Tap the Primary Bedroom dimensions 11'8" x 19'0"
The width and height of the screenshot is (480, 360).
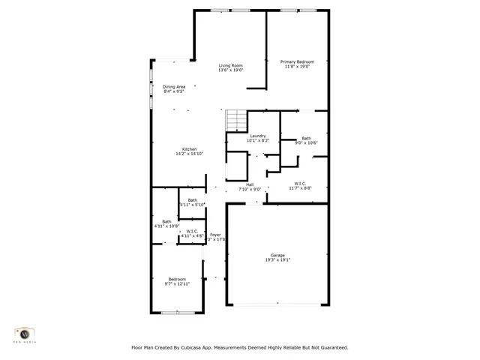pyautogui.click(x=297, y=67)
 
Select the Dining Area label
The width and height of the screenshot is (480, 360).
pyautogui.click(x=174, y=87)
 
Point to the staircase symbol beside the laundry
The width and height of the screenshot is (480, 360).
pyautogui.click(x=236, y=120)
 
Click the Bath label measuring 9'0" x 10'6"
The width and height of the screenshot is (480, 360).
pyautogui.click(x=306, y=138)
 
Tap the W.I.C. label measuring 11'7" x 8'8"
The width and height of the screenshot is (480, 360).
pyautogui.click(x=300, y=184)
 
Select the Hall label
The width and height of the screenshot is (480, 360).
pyautogui.click(x=249, y=184)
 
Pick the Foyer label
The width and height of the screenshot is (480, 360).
pyautogui.click(x=215, y=235)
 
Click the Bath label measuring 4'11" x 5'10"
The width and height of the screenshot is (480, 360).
pyautogui.click(x=193, y=199)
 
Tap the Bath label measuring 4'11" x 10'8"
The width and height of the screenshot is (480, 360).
pyautogui.click(x=166, y=221)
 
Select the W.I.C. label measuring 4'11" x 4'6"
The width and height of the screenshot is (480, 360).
pyautogui.click(x=192, y=232)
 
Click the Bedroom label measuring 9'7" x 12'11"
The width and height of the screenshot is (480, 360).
pyautogui.click(x=177, y=279)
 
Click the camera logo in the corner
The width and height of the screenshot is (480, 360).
pyautogui.click(x=25, y=332)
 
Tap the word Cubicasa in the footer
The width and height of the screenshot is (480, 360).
pyautogui.click(x=195, y=348)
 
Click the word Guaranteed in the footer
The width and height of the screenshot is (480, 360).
pyautogui.click(x=331, y=348)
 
